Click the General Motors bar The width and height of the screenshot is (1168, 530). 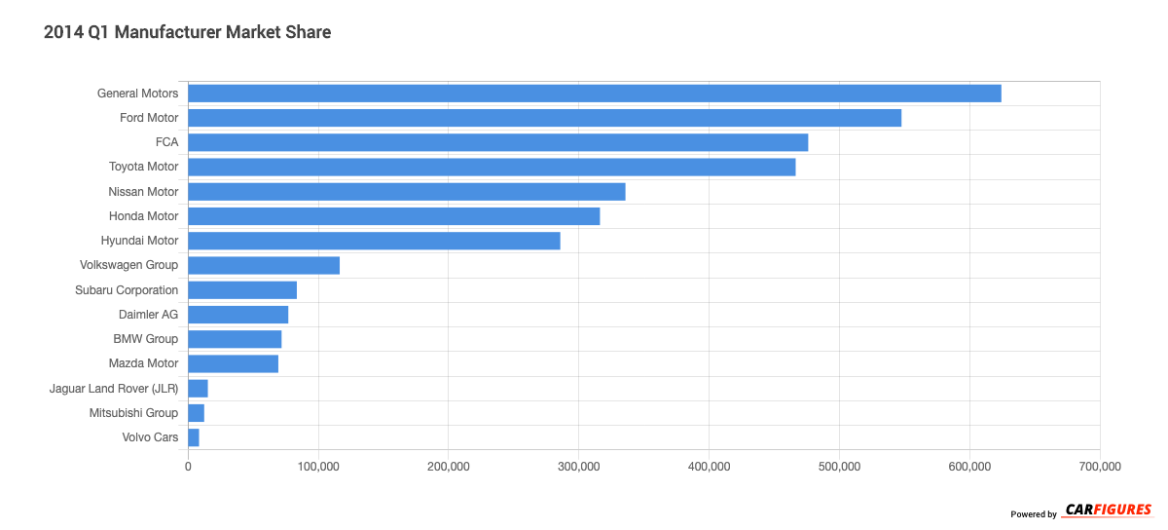[594, 94]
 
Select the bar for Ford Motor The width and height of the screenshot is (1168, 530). [544, 118]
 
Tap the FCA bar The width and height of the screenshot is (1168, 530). [497, 142]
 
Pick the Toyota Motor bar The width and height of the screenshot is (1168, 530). [492, 167]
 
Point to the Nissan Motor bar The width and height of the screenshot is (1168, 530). [406, 192]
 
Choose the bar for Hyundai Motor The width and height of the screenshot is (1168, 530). [374, 241]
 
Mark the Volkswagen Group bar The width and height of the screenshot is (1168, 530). [264, 265]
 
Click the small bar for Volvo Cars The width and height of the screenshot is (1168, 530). [194, 437]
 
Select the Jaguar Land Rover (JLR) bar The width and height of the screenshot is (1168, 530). [198, 389]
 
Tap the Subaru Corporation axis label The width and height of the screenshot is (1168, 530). [127, 290]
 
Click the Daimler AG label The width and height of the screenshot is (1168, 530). [148, 315]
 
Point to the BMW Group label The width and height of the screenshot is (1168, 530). [146, 339]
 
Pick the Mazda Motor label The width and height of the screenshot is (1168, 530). [144, 363]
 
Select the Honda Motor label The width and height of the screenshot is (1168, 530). [143, 216]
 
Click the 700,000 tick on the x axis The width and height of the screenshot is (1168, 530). [1099, 467]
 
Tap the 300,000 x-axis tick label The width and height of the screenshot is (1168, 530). [578, 467]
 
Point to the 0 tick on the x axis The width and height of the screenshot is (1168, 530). [188, 467]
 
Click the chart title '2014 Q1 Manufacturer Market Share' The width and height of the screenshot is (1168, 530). [188, 32]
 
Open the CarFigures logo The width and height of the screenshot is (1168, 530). [1108, 511]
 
